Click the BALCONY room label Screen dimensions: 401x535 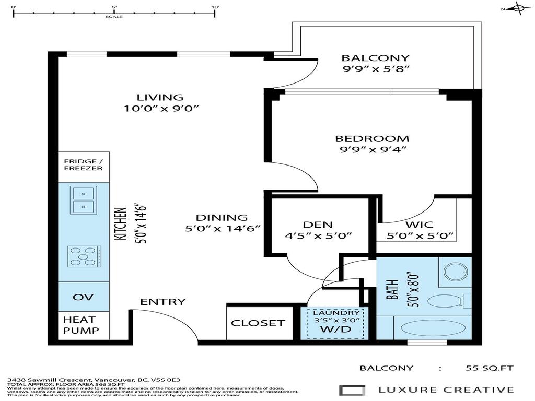pyautogui.click(x=375, y=58)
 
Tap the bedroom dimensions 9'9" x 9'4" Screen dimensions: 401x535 pyautogui.click(x=372, y=150)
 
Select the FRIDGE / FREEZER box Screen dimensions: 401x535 pyautogui.click(x=84, y=164)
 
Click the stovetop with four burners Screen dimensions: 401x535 pyautogui.click(x=84, y=256)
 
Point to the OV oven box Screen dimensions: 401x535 pyautogui.click(x=84, y=297)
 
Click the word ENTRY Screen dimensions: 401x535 pyautogui.click(x=162, y=302)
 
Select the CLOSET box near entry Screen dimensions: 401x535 pyautogui.click(x=258, y=323)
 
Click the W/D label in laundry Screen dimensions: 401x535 pyautogui.click(x=336, y=330)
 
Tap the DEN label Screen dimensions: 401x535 pyautogui.click(x=318, y=225)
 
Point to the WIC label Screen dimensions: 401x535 pyautogui.click(x=420, y=225)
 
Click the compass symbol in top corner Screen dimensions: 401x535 pyautogui.click(x=518, y=8)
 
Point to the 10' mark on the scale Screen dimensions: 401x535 pyautogui.click(x=215, y=11)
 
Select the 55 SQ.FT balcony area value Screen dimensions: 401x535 pyautogui.click(x=490, y=368)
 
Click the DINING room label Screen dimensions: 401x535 pyautogui.click(x=222, y=218)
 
